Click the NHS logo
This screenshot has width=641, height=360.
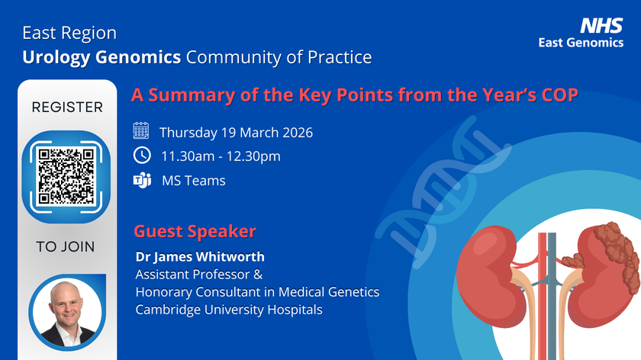601,25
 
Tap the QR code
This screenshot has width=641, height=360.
66,176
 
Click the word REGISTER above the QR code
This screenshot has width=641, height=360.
67,107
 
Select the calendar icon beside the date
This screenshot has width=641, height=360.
141,130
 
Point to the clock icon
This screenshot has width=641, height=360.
142,156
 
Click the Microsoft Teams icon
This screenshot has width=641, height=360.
142,180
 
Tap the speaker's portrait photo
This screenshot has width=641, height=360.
67,312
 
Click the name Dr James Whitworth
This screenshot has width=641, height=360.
200,256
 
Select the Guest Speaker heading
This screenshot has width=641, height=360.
195,231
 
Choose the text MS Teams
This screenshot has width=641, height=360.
193,181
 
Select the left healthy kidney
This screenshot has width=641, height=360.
488,276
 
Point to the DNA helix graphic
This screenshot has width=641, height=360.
443,192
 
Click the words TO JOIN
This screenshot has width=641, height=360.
66,247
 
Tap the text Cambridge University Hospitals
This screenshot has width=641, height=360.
229,310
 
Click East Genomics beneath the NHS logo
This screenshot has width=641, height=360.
581,43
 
